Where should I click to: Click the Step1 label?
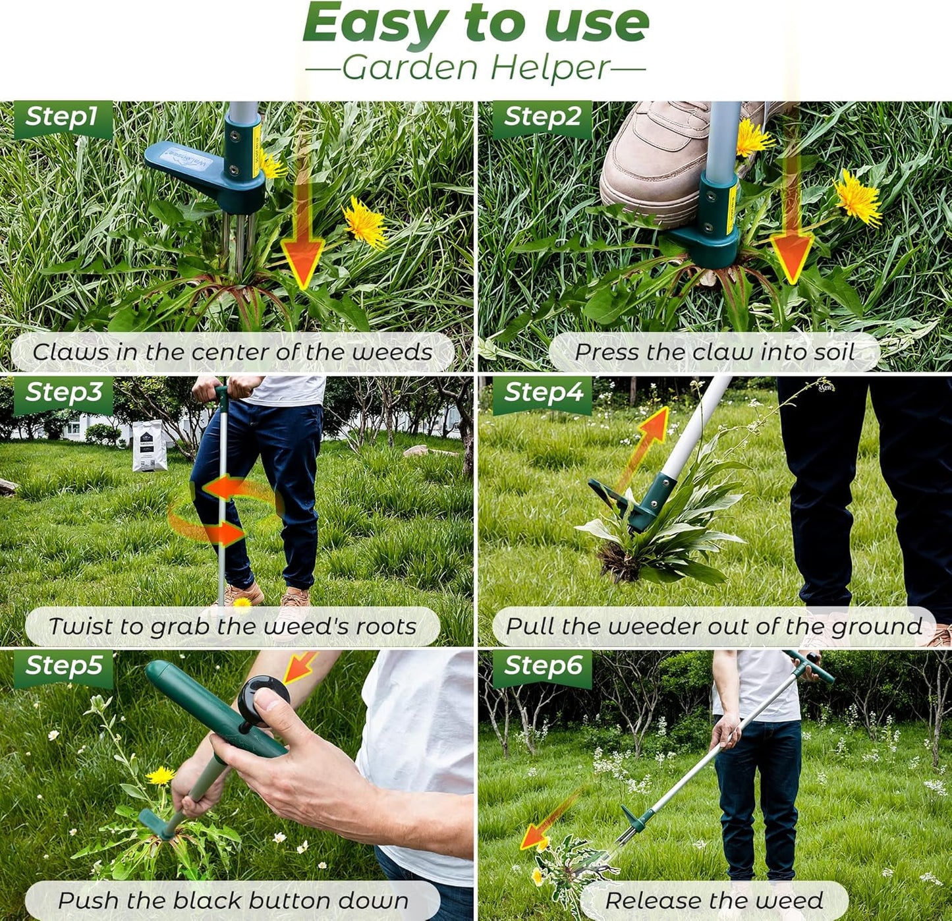pos(62,117)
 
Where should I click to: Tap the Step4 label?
pos(543,393)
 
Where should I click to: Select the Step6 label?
pos(543,666)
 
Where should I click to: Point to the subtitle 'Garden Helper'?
pos(476,68)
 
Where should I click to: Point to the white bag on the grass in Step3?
pos(150,446)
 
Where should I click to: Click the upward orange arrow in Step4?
pos(646,441)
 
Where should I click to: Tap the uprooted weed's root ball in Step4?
pos(618,563)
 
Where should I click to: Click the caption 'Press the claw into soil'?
pos(714,352)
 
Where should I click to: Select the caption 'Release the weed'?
pos(714,901)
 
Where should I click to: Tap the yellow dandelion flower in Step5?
pos(160,775)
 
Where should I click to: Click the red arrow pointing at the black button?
pos(300,667)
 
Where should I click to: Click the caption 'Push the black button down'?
pos(233,901)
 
